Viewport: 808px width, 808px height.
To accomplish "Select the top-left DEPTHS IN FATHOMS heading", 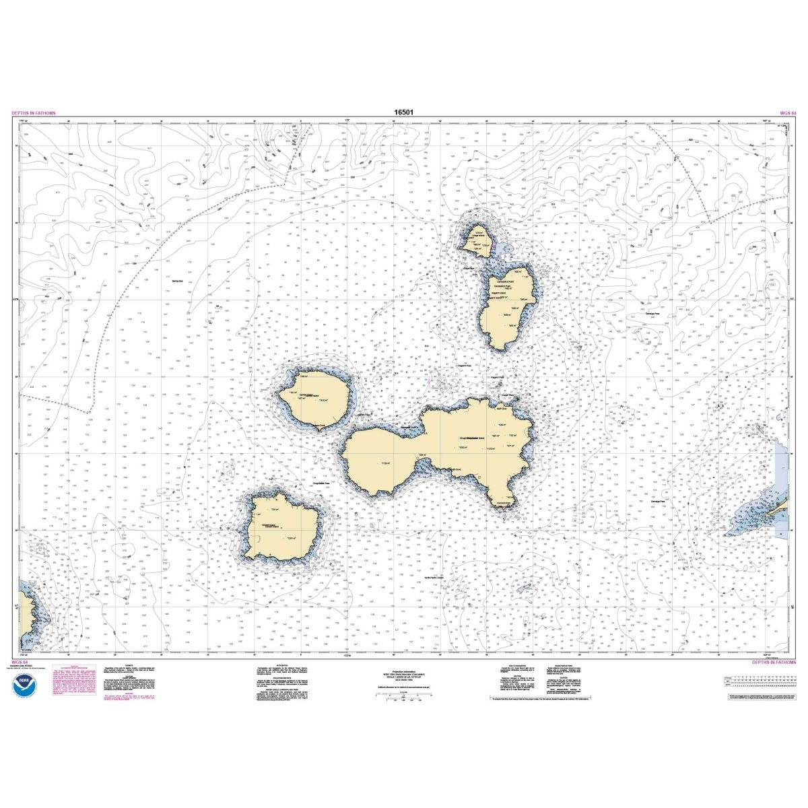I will click(x=34, y=113).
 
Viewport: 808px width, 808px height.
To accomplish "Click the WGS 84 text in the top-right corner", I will click(x=785, y=113).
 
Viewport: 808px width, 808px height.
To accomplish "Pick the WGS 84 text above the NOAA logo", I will click(x=21, y=663).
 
